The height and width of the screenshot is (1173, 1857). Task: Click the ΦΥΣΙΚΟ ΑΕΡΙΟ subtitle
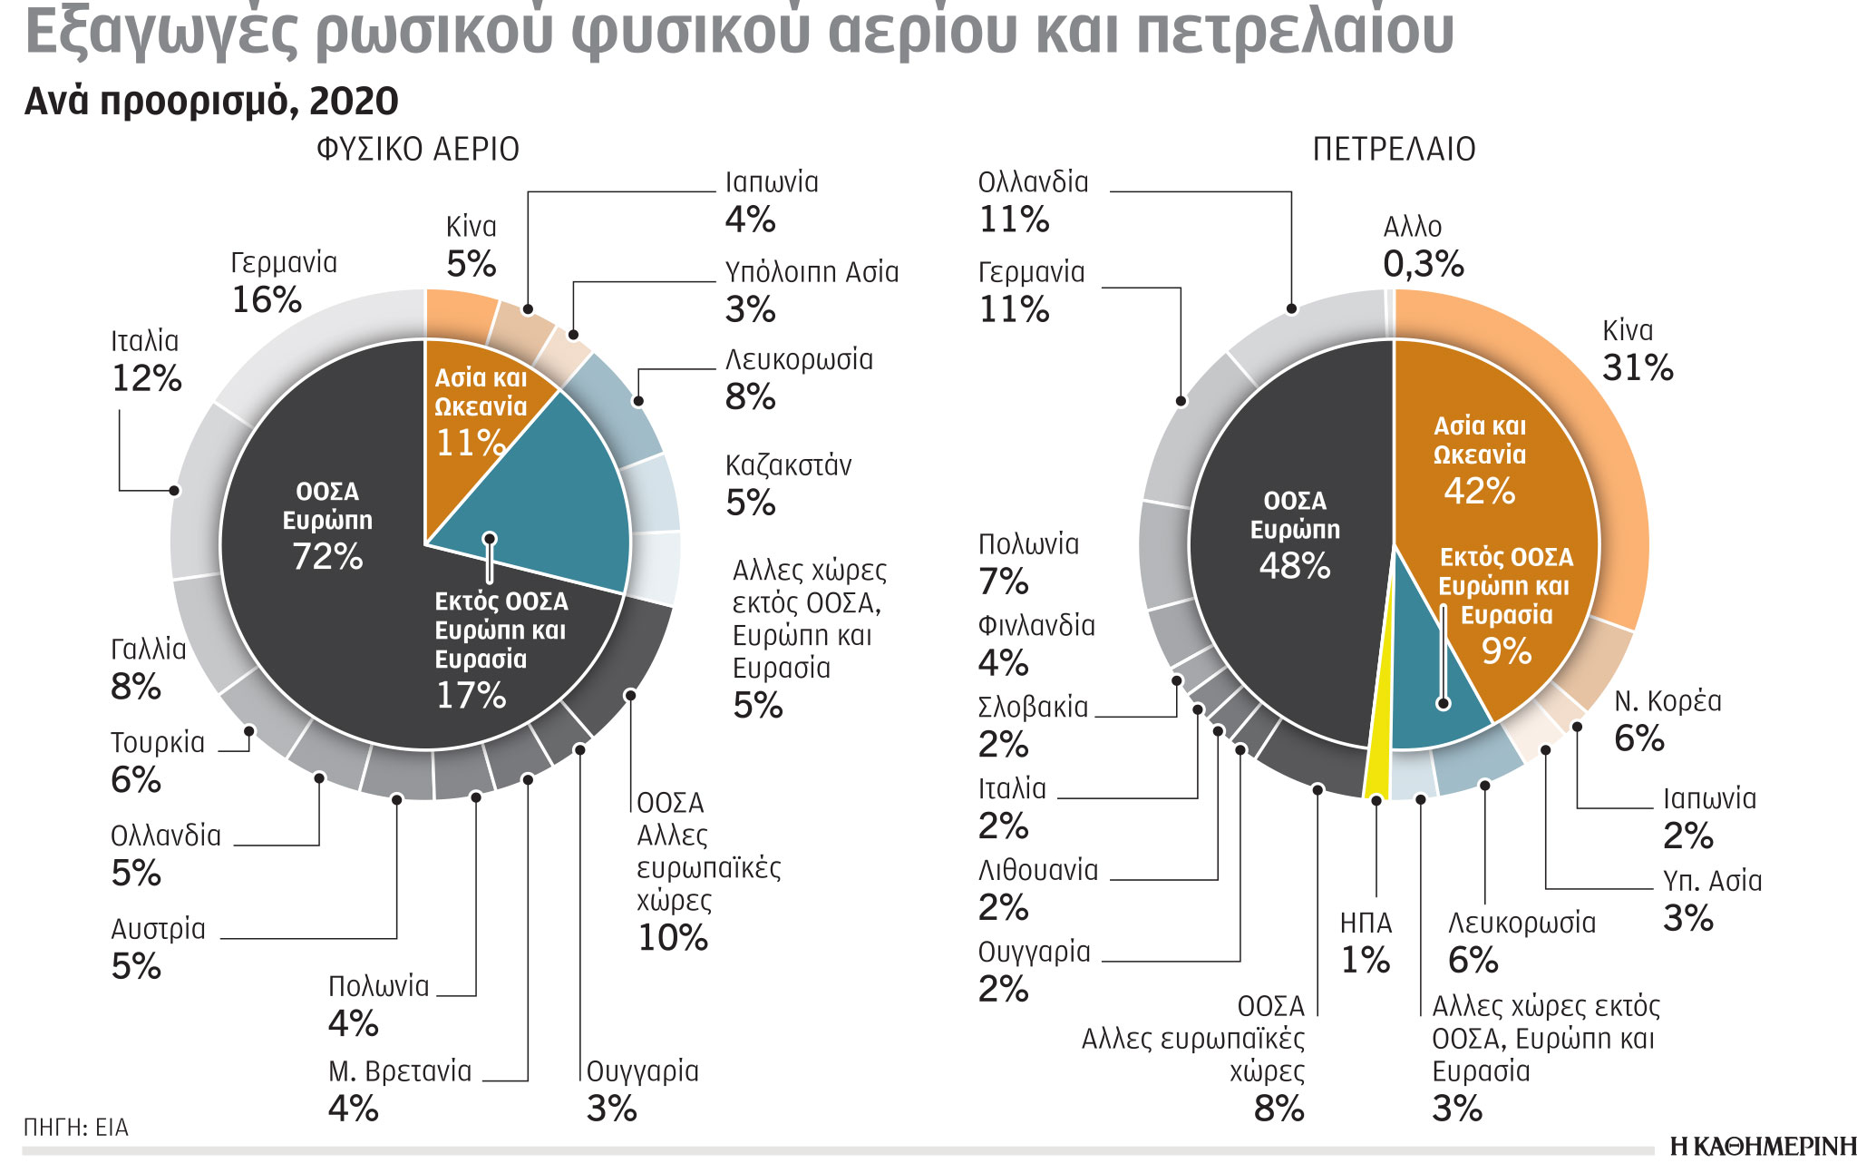(x=417, y=149)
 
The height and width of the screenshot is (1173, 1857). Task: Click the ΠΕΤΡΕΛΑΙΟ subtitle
(x=1394, y=149)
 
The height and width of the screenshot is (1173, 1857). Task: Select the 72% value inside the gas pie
(x=327, y=556)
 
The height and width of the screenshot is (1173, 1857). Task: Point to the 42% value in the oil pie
(x=1479, y=491)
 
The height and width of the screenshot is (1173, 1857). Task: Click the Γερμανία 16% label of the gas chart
(x=283, y=281)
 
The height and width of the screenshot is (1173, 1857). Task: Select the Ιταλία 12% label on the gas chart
(x=145, y=360)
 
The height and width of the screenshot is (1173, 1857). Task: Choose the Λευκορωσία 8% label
(x=798, y=378)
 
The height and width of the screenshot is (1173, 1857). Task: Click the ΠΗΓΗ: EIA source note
(x=76, y=1128)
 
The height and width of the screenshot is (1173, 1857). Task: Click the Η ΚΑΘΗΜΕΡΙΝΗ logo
(x=1762, y=1147)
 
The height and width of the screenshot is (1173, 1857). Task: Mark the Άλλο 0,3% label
(x=1422, y=246)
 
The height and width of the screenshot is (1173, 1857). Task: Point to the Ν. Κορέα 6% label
(x=1667, y=719)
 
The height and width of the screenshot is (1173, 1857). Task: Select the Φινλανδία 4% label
(x=1035, y=644)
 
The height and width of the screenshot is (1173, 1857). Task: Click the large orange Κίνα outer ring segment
(x=1578, y=435)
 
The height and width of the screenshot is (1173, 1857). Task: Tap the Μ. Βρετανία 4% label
(x=399, y=1090)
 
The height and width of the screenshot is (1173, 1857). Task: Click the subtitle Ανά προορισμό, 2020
(x=211, y=102)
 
